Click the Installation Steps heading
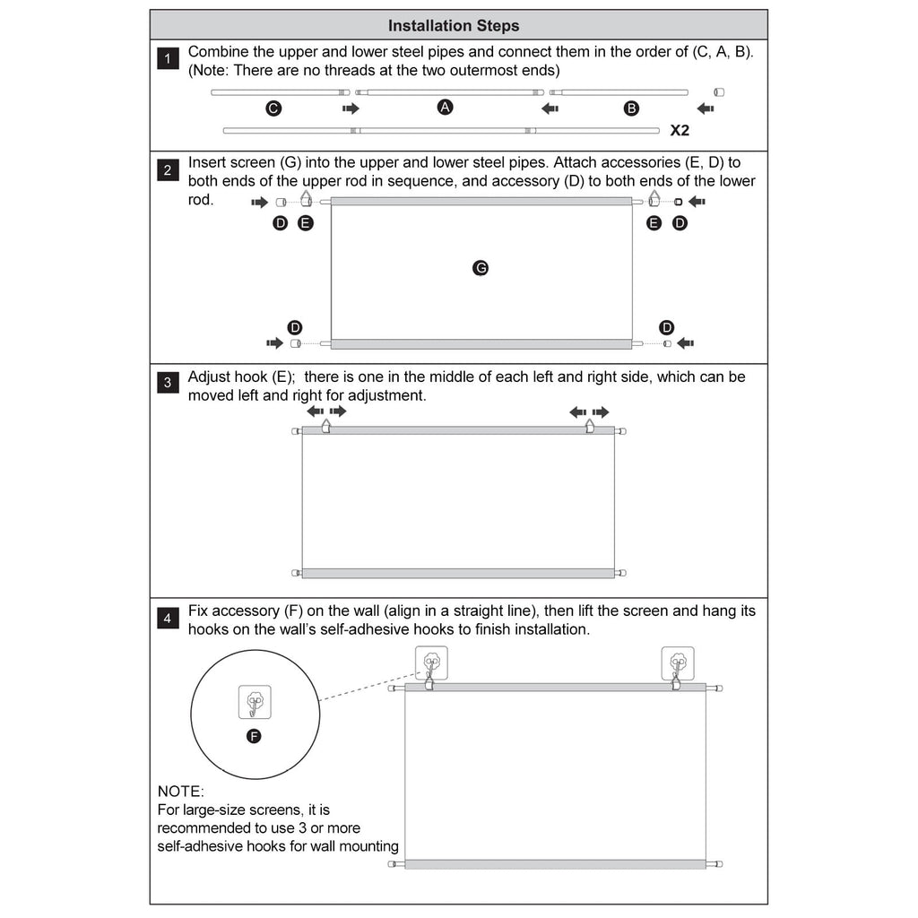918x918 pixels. pyautogui.click(x=453, y=26)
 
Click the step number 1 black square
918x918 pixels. pyautogui.click(x=168, y=58)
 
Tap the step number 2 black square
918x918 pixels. pyautogui.click(x=168, y=169)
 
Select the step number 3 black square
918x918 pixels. pyautogui.click(x=168, y=382)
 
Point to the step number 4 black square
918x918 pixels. pyautogui.click(x=168, y=619)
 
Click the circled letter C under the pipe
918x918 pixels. pyautogui.click(x=273, y=108)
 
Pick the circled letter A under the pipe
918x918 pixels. pyautogui.click(x=445, y=108)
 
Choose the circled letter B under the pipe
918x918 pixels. pyautogui.click(x=631, y=108)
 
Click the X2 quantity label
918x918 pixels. pyautogui.click(x=680, y=131)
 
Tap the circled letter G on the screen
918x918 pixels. pyautogui.click(x=481, y=268)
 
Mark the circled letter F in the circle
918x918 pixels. pyautogui.click(x=254, y=736)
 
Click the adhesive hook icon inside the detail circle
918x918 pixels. pyautogui.click(x=255, y=702)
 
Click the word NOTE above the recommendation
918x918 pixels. pyautogui.click(x=180, y=792)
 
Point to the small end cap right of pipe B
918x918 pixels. pyautogui.click(x=720, y=92)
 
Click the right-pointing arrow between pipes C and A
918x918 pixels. pyautogui.click(x=351, y=108)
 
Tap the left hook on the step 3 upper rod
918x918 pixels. pyautogui.click(x=326, y=426)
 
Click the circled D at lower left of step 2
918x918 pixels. pyautogui.click(x=294, y=327)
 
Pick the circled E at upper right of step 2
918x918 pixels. pyautogui.click(x=654, y=223)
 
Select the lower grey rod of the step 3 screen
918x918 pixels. pyautogui.click(x=458, y=573)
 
